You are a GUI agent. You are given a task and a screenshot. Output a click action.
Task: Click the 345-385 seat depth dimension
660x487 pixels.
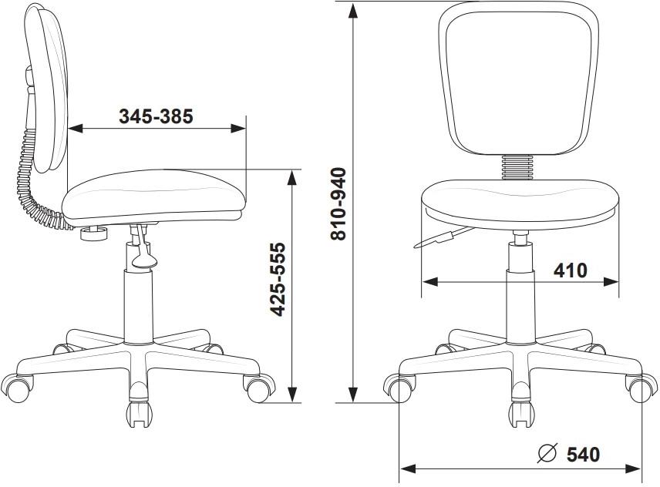156,116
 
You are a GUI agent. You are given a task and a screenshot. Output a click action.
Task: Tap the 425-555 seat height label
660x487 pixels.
278,279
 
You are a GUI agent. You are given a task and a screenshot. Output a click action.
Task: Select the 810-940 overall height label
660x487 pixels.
338,204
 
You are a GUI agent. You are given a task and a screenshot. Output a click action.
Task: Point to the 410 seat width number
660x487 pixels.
570,270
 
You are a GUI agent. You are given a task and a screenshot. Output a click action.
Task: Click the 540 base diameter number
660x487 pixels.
584,454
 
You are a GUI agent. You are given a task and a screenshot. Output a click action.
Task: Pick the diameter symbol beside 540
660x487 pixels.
547,453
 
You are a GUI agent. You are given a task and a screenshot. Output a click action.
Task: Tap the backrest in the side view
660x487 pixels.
47,88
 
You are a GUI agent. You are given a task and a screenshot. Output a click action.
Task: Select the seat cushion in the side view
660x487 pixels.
153,196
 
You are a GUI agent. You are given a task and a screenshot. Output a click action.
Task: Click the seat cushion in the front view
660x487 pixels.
520,204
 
